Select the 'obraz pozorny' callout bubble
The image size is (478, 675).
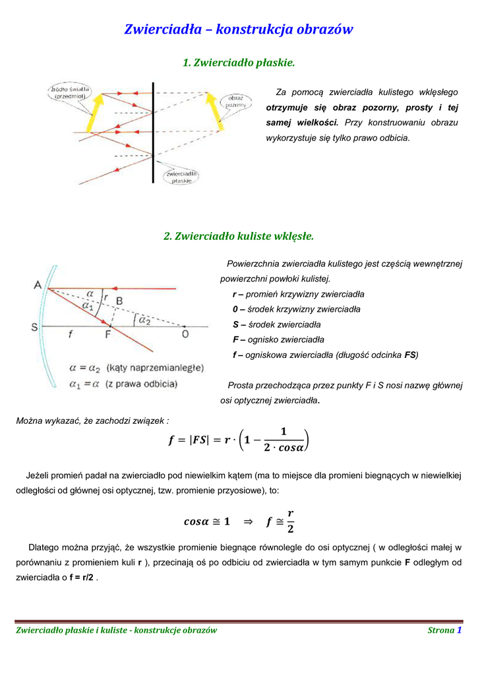[x=235, y=102]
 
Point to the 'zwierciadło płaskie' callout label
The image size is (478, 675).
[x=181, y=176]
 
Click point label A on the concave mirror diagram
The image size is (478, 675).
[x=37, y=285]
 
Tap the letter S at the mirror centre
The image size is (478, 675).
[x=34, y=327]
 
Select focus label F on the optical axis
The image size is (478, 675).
[x=108, y=335]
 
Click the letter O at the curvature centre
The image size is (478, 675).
[x=185, y=335]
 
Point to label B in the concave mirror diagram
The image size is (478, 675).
[x=119, y=301]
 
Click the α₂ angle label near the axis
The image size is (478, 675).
[x=143, y=319]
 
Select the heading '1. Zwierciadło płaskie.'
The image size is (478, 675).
[x=238, y=63]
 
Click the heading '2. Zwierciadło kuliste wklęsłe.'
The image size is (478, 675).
[x=238, y=235]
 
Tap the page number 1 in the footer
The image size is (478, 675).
[x=459, y=630]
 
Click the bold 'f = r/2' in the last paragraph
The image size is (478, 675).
[x=82, y=577]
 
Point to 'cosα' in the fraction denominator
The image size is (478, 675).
[x=291, y=448]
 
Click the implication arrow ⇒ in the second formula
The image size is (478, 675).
[x=248, y=522]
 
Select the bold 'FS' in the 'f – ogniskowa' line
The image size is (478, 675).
[x=410, y=355]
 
